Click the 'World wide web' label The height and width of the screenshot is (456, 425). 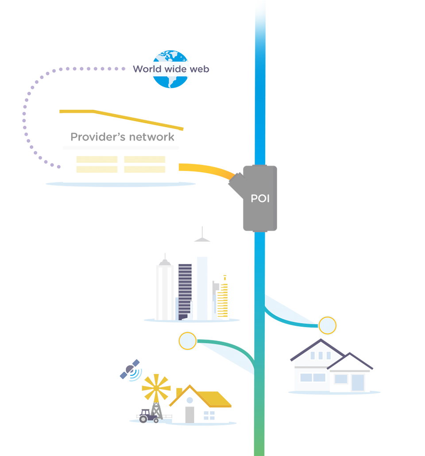point(171,69)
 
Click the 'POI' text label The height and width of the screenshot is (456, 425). point(260,199)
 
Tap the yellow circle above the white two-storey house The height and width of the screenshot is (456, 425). point(328,326)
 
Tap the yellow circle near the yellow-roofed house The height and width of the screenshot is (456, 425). point(187,341)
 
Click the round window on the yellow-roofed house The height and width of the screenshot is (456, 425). point(189,400)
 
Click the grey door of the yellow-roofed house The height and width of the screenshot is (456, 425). point(189,414)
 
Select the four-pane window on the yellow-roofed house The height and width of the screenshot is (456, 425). point(209,415)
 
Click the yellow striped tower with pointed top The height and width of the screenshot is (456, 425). point(222,292)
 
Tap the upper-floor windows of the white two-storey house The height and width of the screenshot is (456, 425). point(320,355)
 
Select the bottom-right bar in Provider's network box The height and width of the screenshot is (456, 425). point(144,170)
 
